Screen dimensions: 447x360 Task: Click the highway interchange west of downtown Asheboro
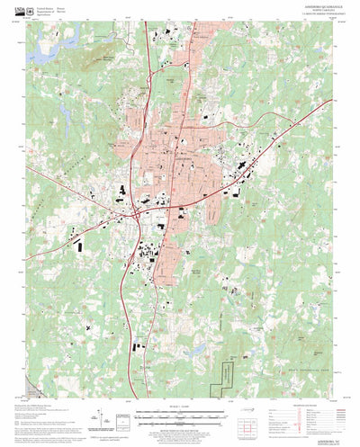coord(133,212)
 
